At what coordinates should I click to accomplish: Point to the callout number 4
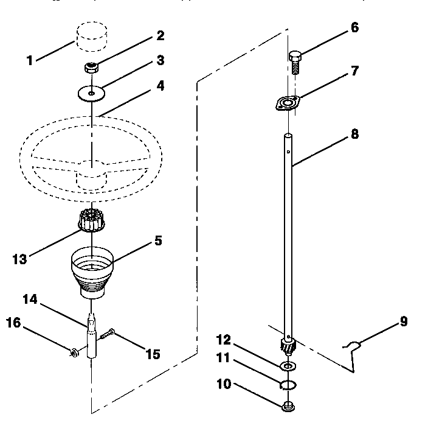point(160,86)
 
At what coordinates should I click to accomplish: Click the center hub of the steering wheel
point(91,179)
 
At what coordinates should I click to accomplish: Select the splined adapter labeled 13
point(92,220)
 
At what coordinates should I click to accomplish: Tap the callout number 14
point(30,300)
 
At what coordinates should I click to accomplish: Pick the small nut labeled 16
point(73,351)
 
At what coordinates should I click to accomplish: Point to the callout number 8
point(354,135)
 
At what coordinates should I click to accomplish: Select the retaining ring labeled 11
point(288,385)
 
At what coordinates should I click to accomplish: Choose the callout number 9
point(403,322)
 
